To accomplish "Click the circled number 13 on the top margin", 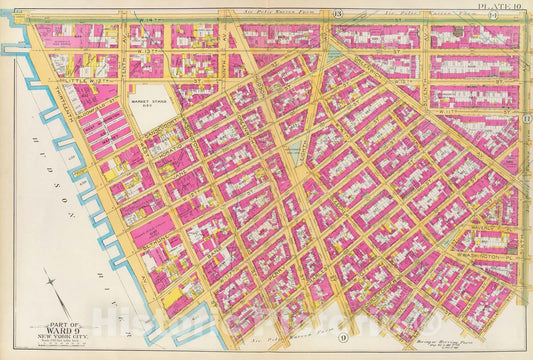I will pos(338,13).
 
